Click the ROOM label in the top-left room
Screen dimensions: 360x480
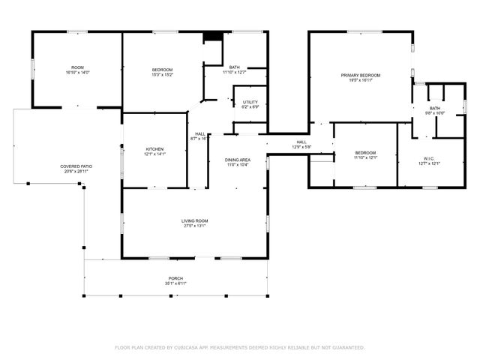77,67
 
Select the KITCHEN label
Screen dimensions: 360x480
154,148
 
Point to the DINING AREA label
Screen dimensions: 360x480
238,160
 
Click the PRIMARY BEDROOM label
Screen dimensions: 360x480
361,75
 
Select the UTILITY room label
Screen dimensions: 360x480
250,101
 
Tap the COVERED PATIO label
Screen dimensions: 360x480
76,166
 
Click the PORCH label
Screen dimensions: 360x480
175,278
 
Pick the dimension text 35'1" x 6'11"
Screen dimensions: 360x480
175,283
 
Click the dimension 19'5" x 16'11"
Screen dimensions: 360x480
361,80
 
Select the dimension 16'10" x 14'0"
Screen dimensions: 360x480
77,72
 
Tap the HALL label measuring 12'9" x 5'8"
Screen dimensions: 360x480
301,142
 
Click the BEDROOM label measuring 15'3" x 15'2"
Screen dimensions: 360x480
163,70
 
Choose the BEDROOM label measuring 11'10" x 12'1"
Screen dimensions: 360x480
365,152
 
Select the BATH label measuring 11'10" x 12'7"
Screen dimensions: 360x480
234,67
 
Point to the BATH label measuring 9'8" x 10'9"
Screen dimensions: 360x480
435,108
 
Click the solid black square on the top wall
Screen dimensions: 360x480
213,36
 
